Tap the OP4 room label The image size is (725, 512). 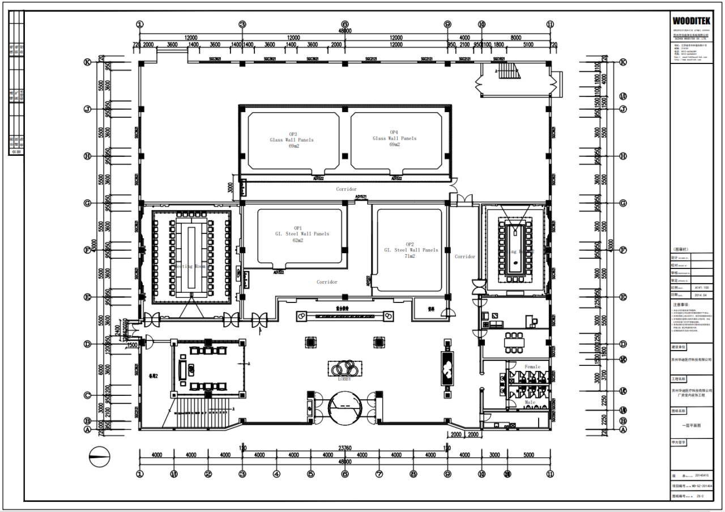point(394,133)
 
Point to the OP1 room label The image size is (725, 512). point(298,228)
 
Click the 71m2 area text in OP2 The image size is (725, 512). point(410,256)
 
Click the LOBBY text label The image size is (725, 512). point(344,379)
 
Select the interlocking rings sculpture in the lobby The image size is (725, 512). point(344,368)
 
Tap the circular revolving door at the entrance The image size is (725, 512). point(345,409)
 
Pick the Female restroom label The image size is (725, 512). point(532,367)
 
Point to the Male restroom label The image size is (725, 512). point(530,402)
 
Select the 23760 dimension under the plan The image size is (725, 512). point(344,448)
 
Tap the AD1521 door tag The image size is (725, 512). point(361,197)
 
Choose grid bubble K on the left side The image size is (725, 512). point(88,62)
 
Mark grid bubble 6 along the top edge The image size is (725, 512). point(344,24)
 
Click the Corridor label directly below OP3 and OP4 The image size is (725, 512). point(346,189)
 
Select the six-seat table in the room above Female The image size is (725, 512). point(514,342)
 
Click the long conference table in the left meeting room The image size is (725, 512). point(191,258)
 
